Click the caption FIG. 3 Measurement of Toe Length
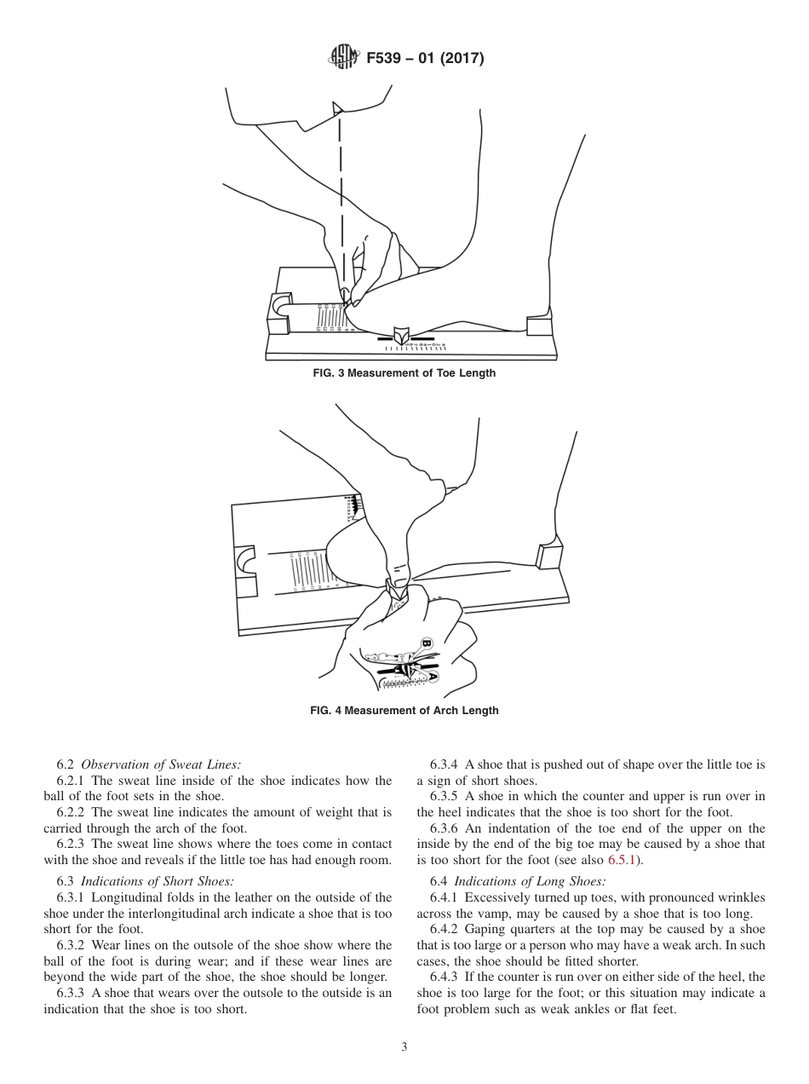(404, 373)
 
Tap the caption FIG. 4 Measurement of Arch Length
(404, 711)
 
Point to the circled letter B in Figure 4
(427, 643)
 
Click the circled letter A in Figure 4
(433, 676)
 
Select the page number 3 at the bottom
(404, 1047)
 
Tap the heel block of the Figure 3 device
(540, 326)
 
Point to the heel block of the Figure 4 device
(549, 556)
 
